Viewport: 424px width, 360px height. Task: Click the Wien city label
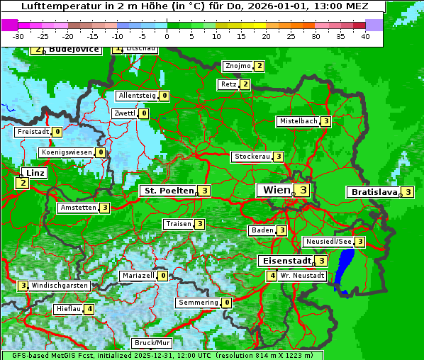pyautogui.click(x=276, y=190)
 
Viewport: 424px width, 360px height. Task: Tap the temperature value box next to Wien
pyautogui.click(x=303, y=190)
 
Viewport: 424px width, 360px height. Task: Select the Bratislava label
pyautogui.click(x=373, y=192)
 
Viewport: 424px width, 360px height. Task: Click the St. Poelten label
pyautogui.click(x=167, y=191)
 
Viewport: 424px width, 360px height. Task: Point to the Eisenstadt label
pyautogui.click(x=284, y=261)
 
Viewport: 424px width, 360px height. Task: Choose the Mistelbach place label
pyautogui.click(x=298, y=121)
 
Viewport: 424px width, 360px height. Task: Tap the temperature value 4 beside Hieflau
pyautogui.click(x=89, y=309)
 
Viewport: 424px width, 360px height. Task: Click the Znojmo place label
pyautogui.click(x=238, y=66)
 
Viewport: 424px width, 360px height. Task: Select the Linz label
pyautogui.click(x=34, y=173)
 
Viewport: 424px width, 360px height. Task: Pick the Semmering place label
pyautogui.click(x=199, y=303)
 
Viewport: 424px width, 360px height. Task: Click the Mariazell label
pyautogui.click(x=138, y=276)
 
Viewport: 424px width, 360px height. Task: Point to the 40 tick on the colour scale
pyautogui.click(x=365, y=35)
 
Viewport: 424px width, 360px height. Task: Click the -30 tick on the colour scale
pyautogui.click(x=18, y=35)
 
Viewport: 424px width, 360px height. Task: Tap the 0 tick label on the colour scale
pyautogui.click(x=167, y=35)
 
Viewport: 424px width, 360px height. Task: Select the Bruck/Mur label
pyautogui.click(x=152, y=343)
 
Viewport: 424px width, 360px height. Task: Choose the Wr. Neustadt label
pyautogui.click(x=302, y=276)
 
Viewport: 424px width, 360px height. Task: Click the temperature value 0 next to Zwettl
pyautogui.click(x=144, y=113)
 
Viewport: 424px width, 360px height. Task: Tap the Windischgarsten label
pyautogui.click(x=60, y=286)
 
